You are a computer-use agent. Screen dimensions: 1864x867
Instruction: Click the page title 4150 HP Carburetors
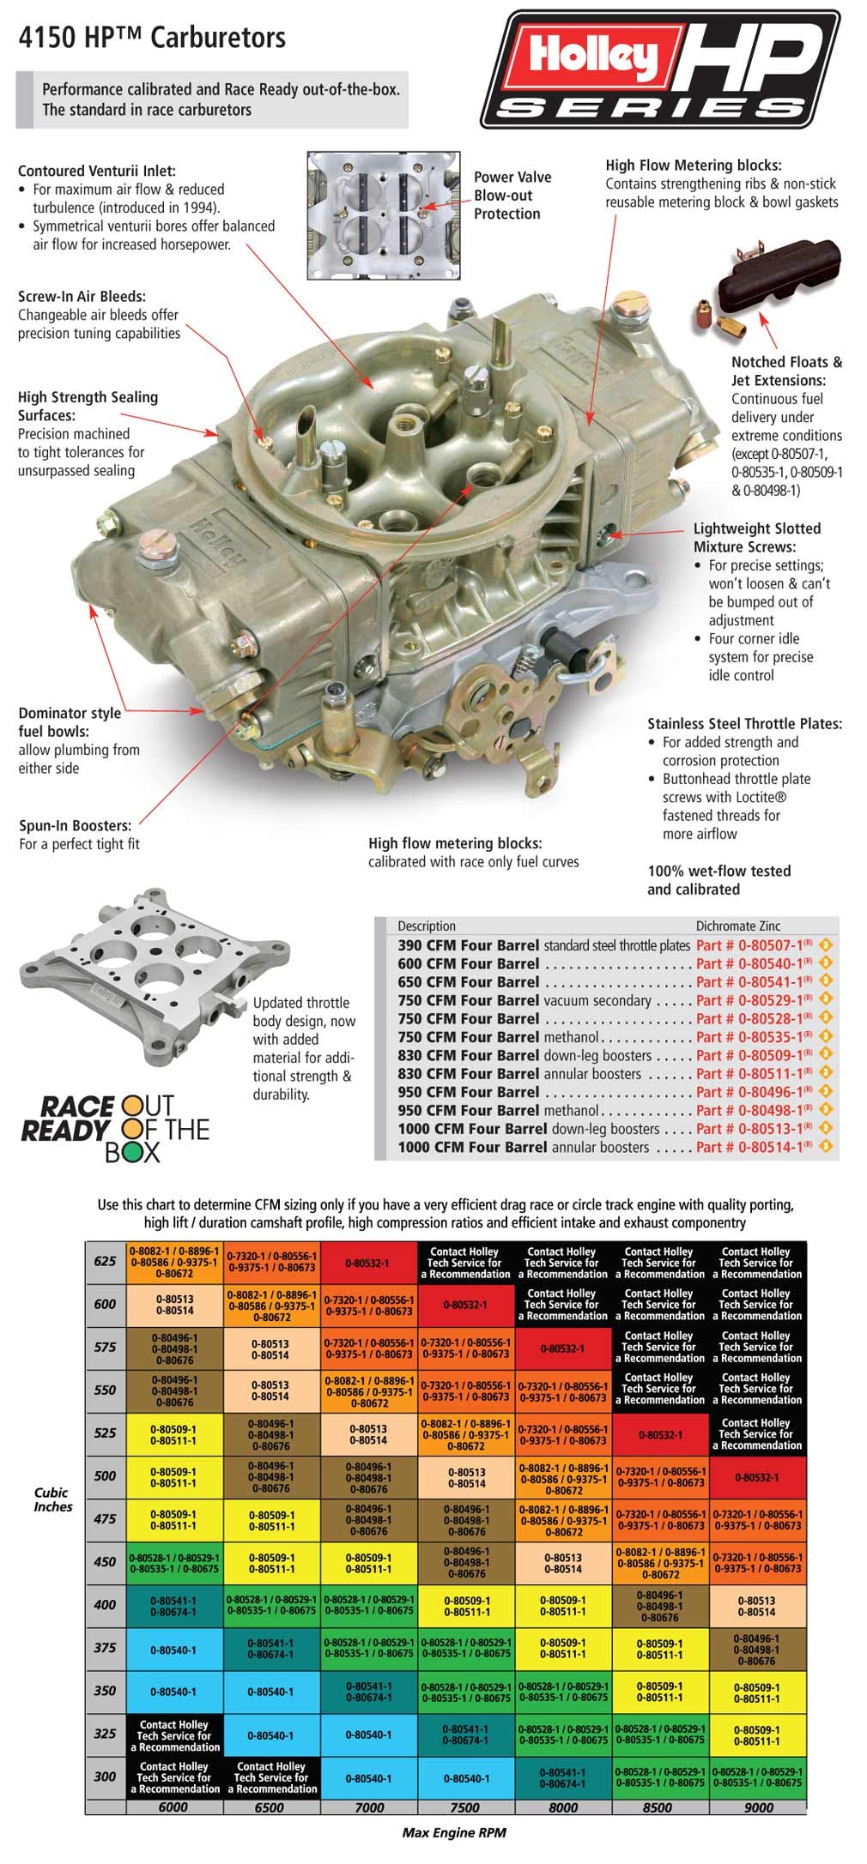[152, 38]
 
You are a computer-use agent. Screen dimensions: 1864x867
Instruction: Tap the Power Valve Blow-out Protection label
[512, 196]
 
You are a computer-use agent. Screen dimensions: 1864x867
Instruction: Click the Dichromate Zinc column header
[737, 926]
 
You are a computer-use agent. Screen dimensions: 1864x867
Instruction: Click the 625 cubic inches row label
[105, 1262]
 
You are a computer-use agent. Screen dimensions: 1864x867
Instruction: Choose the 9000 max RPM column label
[757, 1807]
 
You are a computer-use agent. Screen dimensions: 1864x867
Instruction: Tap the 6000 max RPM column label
[173, 1807]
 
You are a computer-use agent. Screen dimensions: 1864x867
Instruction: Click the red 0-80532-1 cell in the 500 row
[757, 1477]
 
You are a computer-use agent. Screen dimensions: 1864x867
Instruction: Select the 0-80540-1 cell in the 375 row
[173, 1650]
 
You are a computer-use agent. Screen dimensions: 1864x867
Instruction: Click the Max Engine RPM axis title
[453, 1832]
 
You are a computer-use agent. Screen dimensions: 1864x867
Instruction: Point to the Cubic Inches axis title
[52, 1499]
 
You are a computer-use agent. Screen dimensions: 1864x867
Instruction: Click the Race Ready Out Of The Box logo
[114, 1128]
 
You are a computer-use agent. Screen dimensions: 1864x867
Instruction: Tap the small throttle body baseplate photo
[129, 968]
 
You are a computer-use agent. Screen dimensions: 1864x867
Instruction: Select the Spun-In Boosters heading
[76, 825]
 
